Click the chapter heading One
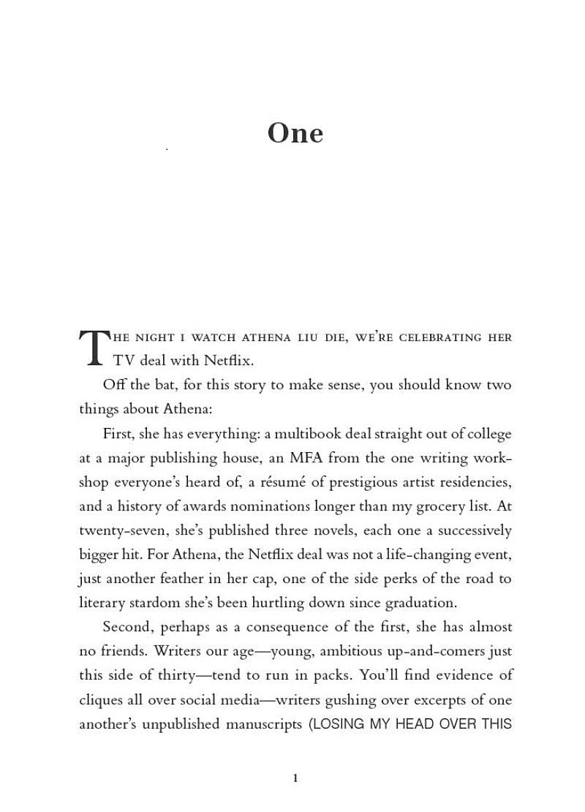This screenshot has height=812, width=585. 295,134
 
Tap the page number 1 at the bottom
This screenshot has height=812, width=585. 295,778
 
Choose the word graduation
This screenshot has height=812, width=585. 420,604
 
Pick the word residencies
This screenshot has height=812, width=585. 474,483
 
